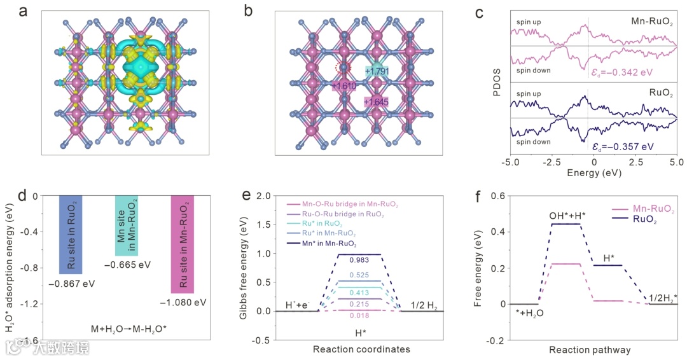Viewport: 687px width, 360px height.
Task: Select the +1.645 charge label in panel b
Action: pyautogui.click(x=376, y=102)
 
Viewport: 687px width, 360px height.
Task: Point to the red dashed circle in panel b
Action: pyautogui.click(x=343, y=67)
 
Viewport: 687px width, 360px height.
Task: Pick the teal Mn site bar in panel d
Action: pyautogui.click(x=126, y=225)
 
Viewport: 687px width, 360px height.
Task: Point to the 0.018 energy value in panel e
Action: pyautogui.click(x=359, y=316)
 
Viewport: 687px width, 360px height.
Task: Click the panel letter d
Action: pyautogui.click(x=22, y=195)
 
